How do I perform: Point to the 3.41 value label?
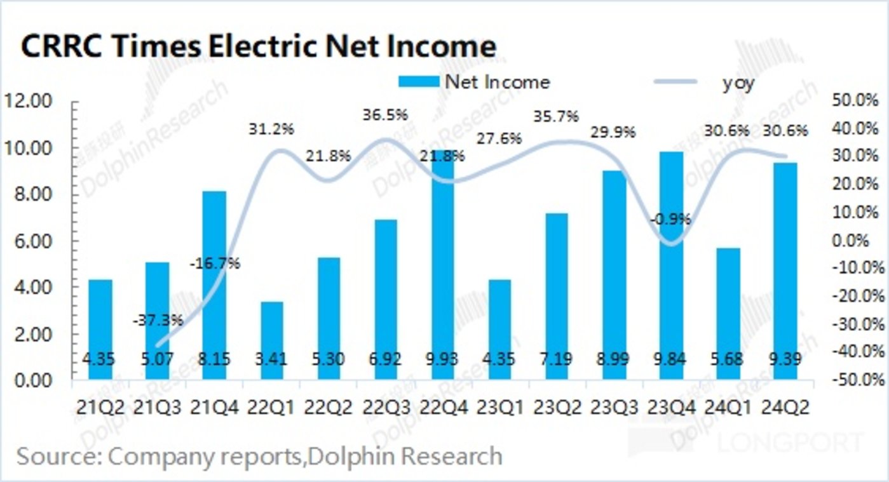pyautogui.click(x=271, y=359)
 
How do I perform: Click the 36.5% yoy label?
pyautogui.click(x=385, y=116)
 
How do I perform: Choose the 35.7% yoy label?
pyautogui.click(x=557, y=117)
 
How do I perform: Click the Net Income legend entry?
pyautogui.click(x=473, y=82)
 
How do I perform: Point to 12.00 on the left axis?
pyautogui.click(x=29, y=102)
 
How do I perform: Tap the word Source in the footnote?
pyautogui.click(x=56, y=456)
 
